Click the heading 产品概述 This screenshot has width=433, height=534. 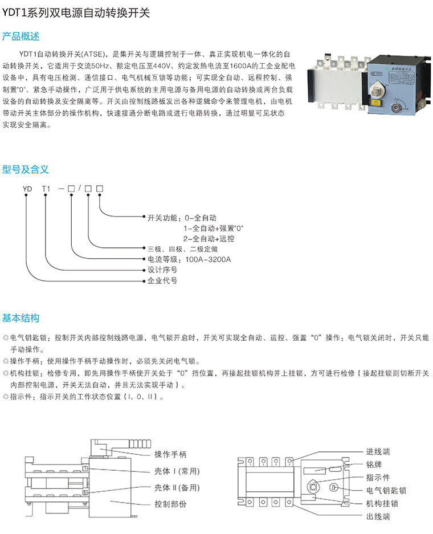(21, 36)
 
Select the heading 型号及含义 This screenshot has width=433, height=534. (26, 169)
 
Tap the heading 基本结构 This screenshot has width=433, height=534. (21, 318)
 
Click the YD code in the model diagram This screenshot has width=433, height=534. (27, 189)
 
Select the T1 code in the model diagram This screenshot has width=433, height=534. (46, 189)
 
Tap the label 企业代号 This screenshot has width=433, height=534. (162, 280)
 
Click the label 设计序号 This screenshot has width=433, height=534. (162, 270)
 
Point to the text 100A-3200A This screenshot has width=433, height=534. (208, 259)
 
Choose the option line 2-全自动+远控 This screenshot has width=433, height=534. (209, 239)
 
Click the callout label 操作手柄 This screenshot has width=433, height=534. (170, 454)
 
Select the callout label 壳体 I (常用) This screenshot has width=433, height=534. (177, 471)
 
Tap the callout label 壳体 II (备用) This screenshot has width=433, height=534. (177, 488)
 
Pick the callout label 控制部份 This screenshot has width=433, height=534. (170, 504)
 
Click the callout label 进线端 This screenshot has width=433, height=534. (378, 452)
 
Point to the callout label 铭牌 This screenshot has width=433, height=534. (374, 464)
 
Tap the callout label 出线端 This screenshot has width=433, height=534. (378, 517)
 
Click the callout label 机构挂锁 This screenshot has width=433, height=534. (382, 503)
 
